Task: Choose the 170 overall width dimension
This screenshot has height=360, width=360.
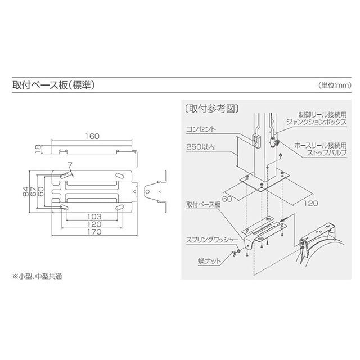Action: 94,231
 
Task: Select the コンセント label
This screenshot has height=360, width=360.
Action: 200,128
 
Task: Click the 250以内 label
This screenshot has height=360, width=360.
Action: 201,147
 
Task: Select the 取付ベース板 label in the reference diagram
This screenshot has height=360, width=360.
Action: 203,205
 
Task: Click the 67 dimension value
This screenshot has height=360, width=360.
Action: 34,193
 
